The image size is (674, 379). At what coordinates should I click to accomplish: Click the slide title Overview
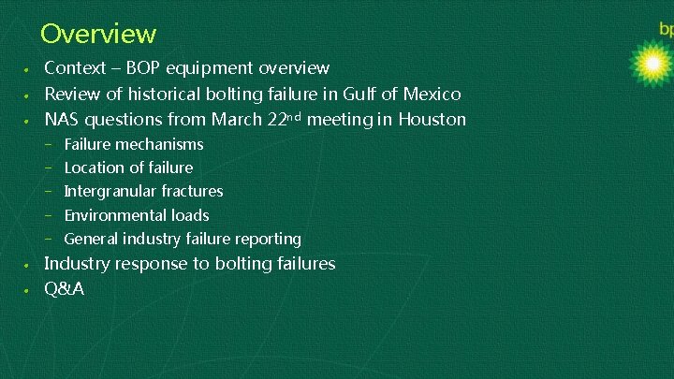(x=98, y=35)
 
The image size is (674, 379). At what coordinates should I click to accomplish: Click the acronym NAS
(x=63, y=119)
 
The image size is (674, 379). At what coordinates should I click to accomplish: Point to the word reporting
(x=268, y=239)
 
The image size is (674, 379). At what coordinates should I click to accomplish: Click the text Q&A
(x=65, y=288)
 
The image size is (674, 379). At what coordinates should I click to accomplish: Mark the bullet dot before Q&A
(x=28, y=290)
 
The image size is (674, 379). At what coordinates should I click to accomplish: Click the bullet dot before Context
(x=28, y=70)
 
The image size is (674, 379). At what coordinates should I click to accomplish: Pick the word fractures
(x=192, y=191)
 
